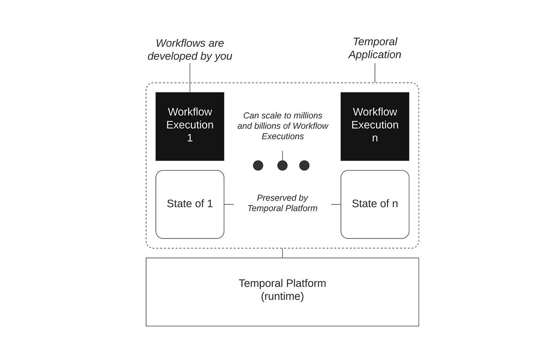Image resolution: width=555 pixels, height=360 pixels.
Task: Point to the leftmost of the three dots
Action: (x=258, y=165)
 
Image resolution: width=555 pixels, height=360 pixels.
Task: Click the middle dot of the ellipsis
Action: (x=282, y=165)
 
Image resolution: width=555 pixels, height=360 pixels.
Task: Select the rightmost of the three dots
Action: (x=304, y=165)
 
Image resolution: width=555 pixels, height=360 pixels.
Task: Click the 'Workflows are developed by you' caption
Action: (x=190, y=49)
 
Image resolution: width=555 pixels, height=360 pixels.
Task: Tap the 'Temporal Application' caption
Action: (x=375, y=48)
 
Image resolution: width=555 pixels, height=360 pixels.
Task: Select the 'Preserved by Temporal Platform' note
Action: (x=283, y=203)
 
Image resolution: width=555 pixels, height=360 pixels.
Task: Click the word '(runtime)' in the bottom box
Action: (x=282, y=297)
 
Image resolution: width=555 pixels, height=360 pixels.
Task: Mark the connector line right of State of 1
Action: (x=229, y=204)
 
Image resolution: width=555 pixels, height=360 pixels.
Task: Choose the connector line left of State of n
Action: (x=336, y=204)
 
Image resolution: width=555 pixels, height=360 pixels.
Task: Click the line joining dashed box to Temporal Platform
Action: (x=282, y=253)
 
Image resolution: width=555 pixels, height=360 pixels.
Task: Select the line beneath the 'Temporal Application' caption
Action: (x=375, y=73)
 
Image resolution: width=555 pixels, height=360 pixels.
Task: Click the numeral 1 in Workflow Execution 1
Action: (x=190, y=138)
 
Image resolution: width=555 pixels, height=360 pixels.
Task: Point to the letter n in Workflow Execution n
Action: (x=375, y=138)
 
